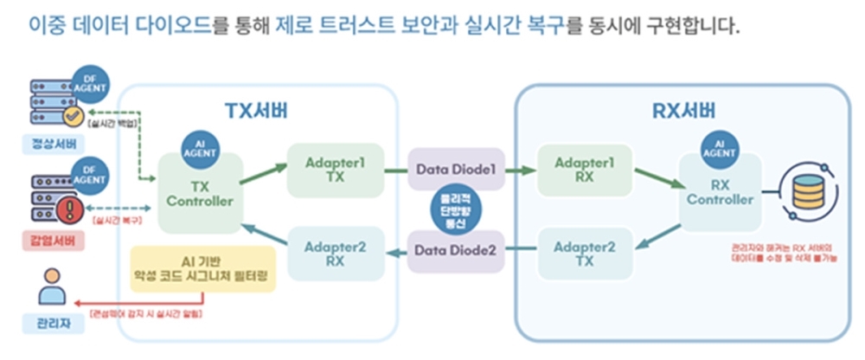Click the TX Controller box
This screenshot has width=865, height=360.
coord(201,194)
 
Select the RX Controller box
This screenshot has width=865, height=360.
coord(720,192)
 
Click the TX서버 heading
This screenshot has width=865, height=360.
coord(256,112)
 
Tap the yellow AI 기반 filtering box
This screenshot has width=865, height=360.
coord(202,268)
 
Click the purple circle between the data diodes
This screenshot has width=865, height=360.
coord(456,210)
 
